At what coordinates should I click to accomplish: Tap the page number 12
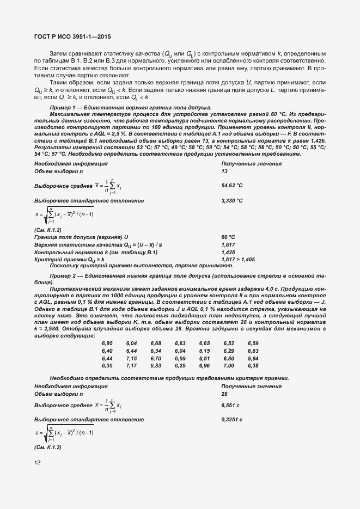pos(37,463)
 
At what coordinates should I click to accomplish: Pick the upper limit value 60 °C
pos(228,237)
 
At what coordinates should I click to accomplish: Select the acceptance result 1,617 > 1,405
pos(238,260)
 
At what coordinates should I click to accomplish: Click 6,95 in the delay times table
pos(107,344)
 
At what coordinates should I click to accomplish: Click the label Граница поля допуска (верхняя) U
pos(81,237)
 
